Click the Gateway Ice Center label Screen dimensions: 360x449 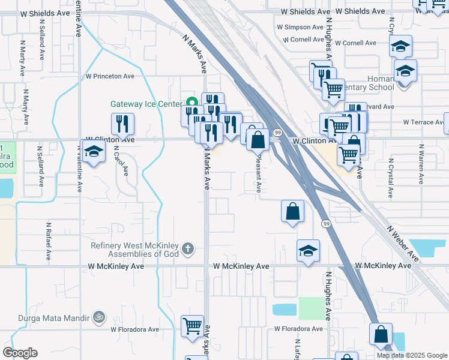146,104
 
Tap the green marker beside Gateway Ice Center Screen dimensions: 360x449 191,102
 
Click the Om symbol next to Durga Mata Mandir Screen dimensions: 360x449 100,316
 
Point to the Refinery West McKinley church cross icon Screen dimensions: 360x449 188,248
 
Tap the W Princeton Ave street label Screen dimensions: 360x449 110,76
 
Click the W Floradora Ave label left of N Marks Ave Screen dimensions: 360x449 134,329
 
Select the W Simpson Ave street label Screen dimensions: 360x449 301,27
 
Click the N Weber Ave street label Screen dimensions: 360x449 403,243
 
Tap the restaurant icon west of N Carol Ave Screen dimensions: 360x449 122,124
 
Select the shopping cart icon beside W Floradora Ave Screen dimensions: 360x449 193,327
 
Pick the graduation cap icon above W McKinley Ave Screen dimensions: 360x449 308,251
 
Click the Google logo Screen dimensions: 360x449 20,353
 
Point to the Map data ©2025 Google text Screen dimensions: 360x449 412,355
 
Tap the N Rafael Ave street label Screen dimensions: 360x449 48,240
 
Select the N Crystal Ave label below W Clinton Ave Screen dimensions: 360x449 390,178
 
